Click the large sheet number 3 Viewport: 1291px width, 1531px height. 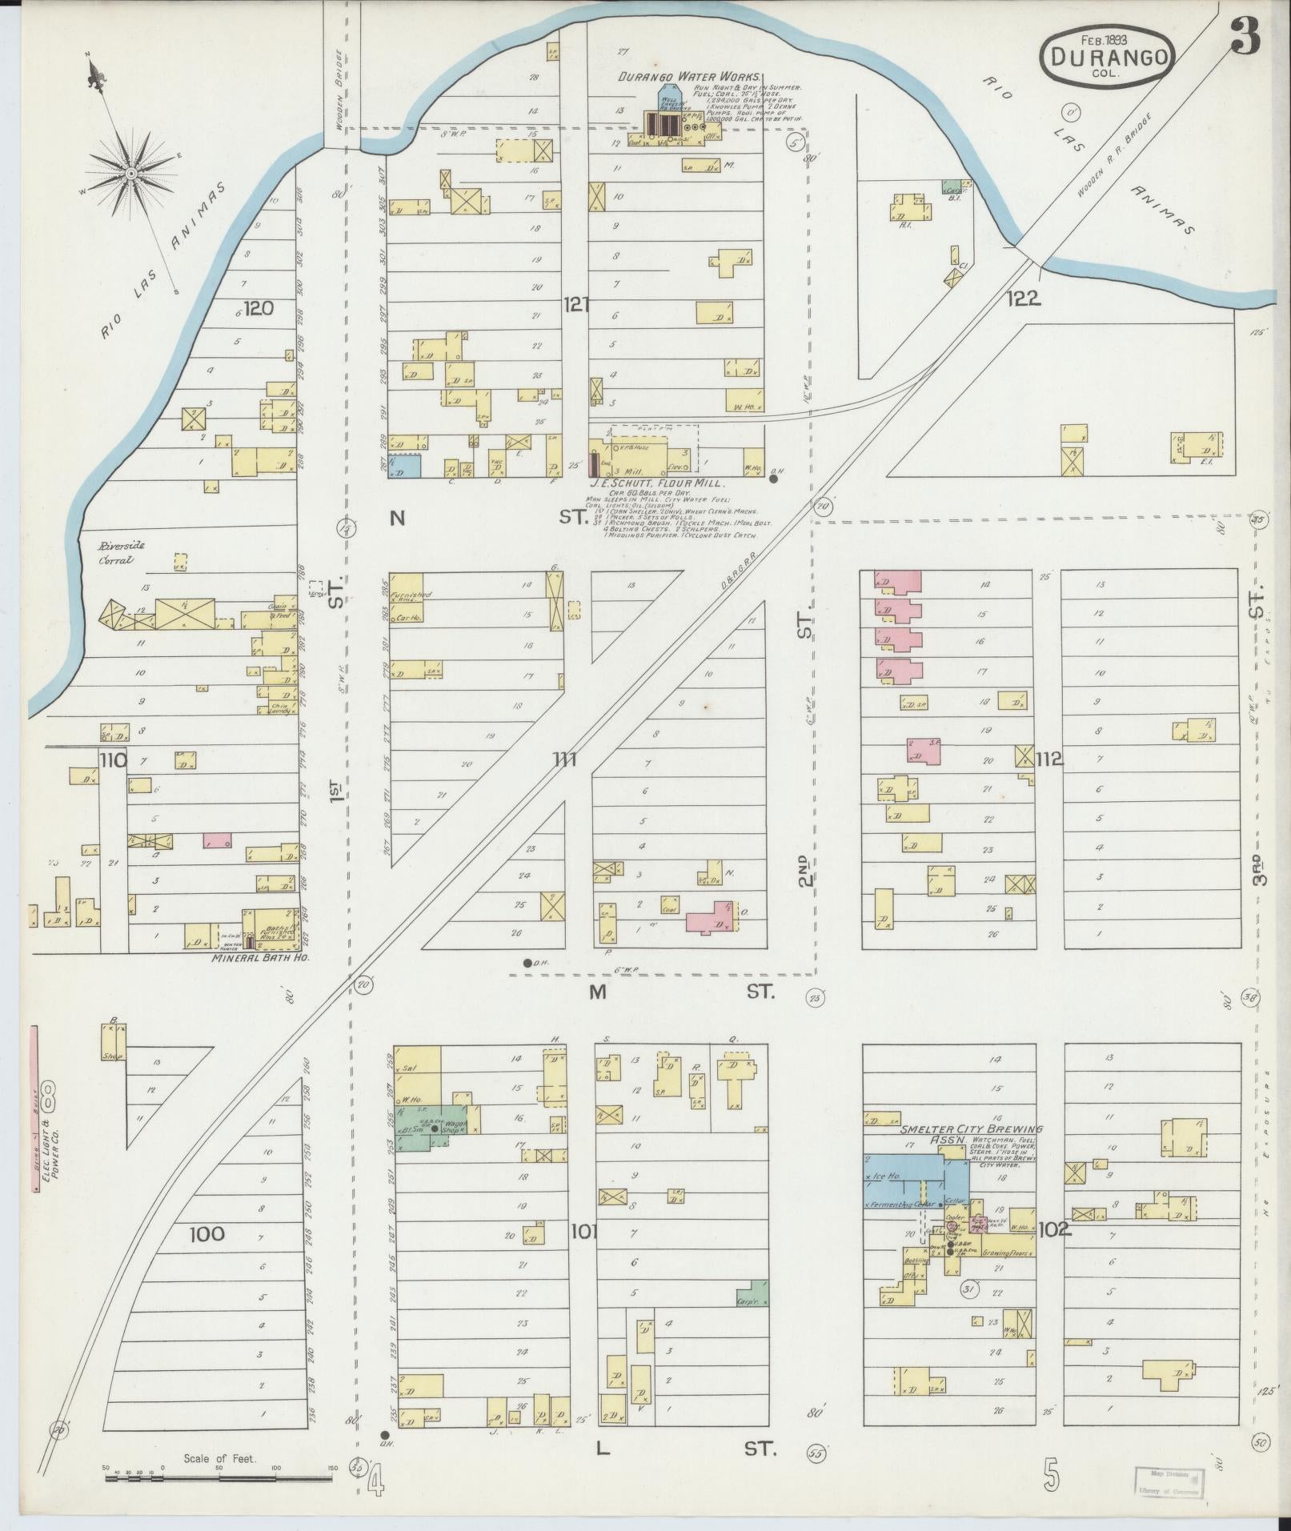click(1245, 37)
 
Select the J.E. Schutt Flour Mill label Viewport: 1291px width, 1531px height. click(656, 483)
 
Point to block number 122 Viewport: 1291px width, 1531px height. click(1024, 299)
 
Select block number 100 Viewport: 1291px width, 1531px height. click(207, 1234)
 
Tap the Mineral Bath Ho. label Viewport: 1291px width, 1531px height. click(260, 957)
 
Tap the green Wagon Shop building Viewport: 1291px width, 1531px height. click(450, 1124)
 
